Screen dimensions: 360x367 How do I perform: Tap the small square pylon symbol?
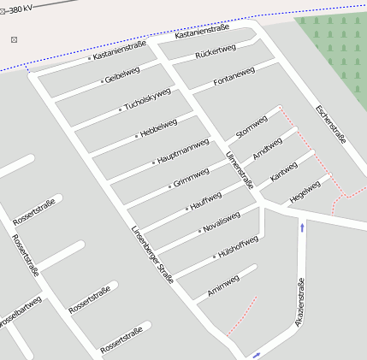[14, 39]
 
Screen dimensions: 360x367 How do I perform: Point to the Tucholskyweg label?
[147, 99]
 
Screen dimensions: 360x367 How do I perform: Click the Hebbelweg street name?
[157, 129]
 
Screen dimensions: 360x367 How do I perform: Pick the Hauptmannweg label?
[183, 151]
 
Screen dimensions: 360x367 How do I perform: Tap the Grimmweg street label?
[191, 178]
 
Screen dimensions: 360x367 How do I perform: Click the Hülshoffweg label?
[238, 246]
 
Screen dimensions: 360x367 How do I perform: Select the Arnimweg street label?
[221, 284]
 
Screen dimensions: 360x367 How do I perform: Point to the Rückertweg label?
[215, 53]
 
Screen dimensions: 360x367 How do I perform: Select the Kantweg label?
[283, 171]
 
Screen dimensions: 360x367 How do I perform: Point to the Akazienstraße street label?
[299, 303]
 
